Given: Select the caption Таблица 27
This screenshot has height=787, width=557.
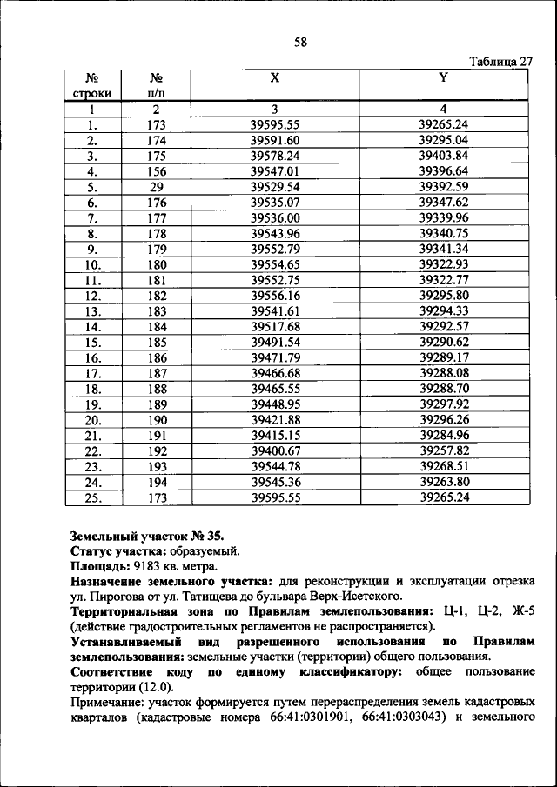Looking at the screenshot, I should click(x=500, y=62).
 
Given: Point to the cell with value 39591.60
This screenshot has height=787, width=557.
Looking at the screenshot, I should click(x=274, y=140).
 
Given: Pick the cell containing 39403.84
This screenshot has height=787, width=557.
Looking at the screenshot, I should click(x=443, y=156).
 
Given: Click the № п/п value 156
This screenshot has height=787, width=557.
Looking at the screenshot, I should click(x=156, y=171).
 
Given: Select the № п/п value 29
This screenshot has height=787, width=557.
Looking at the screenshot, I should click(x=156, y=187).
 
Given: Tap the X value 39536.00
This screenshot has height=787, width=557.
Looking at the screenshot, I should click(x=274, y=218).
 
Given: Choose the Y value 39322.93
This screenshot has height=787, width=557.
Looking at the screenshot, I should click(x=443, y=264).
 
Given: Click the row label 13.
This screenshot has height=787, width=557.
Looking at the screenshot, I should click(x=91, y=311).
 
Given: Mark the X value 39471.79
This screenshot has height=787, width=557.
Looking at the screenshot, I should click(x=274, y=357).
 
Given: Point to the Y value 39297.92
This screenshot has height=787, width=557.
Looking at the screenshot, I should click(x=443, y=404).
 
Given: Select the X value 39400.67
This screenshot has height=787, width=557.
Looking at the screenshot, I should click(x=274, y=450).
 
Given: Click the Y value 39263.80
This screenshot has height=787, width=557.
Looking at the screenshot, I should click(x=443, y=482).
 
